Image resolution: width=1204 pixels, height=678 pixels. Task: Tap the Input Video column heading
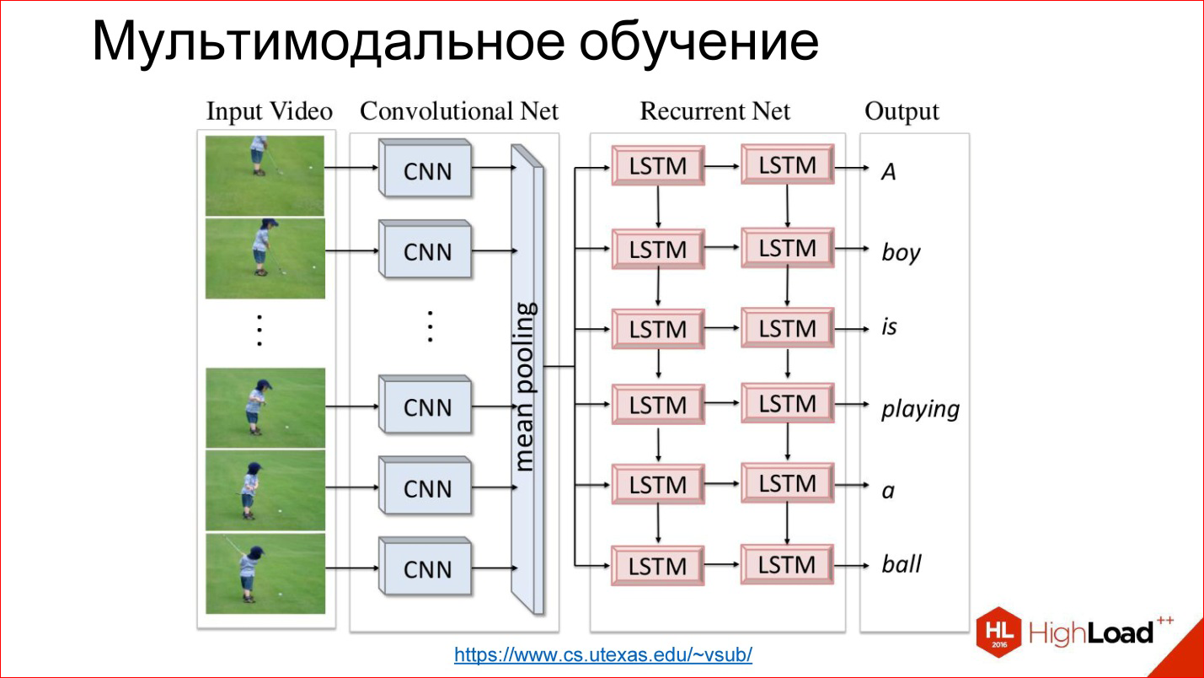(x=269, y=111)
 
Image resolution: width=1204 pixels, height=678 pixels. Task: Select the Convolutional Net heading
(x=459, y=111)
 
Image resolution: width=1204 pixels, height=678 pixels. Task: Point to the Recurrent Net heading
(x=715, y=111)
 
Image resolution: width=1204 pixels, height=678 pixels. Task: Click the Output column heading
(x=902, y=111)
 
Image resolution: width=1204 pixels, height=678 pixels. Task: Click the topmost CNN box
(x=426, y=170)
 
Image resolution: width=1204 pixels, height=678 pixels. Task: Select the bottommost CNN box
(x=426, y=568)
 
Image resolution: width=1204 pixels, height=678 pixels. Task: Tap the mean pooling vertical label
(x=526, y=385)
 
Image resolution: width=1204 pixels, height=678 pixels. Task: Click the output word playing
(x=920, y=409)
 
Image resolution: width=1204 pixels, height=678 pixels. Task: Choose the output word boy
(x=901, y=252)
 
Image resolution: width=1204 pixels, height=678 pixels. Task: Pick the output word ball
(x=902, y=564)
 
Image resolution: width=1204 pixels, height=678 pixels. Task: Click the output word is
(x=889, y=327)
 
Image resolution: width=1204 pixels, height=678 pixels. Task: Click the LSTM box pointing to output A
(x=787, y=165)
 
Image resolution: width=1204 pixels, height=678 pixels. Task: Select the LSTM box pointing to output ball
(x=787, y=564)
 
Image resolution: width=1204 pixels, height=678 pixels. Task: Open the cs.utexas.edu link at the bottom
(x=602, y=654)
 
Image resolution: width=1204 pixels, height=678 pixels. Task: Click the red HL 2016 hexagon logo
(x=998, y=632)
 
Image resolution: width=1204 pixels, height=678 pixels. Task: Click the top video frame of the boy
(x=265, y=175)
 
